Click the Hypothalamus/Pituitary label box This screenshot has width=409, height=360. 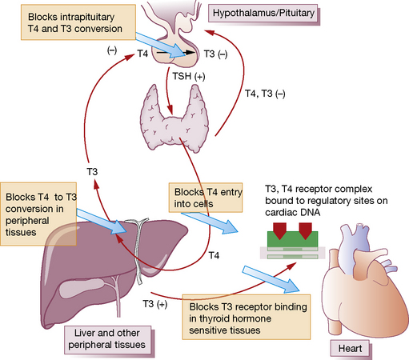click(x=264, y=14)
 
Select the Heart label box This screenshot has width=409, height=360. click(x=351, y=349)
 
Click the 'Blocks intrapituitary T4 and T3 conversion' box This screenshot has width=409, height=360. click(x=78, y=22)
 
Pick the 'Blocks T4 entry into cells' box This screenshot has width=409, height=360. click(x=206, y=198)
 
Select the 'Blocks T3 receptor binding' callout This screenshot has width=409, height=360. click(x=247, y=317)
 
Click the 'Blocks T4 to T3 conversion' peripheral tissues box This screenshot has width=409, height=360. click(x=38, y=214)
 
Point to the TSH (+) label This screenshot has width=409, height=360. click(x=189, y=76)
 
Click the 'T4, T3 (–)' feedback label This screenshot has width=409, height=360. click(x=265, y=94)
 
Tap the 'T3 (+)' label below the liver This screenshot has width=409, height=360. click(x=155, y=304)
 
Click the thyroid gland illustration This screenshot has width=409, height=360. click(x=174, y=119)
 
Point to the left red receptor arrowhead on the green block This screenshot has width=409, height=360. click(x=279, y=230)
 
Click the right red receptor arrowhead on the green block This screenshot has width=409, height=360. click(x=306, y=230)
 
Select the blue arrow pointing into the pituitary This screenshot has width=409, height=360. click(x=160, y=45)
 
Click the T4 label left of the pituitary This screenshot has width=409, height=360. click(x=142, y=54)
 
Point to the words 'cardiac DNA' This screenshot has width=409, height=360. click(x=293, y=213)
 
